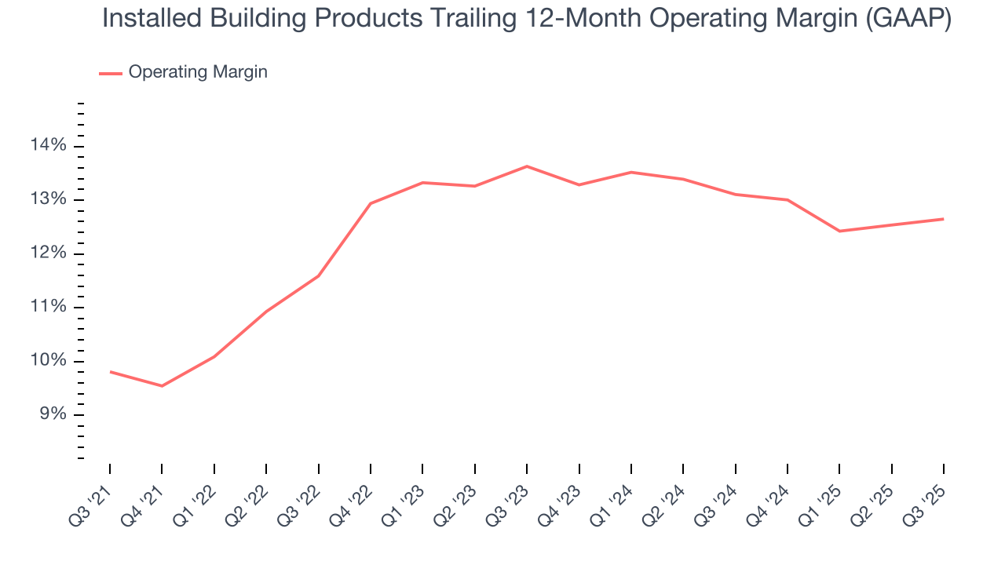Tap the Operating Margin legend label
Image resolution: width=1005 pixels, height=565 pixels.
pos(198,72)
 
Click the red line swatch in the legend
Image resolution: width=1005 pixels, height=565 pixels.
pos(111,73)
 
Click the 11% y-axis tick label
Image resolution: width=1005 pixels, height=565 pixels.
pos(49,307)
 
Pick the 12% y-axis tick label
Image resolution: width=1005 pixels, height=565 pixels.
pos(49,253)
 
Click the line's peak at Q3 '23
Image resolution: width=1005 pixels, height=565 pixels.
pos(527,166)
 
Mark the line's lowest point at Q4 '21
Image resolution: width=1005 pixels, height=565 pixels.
pos(162,386)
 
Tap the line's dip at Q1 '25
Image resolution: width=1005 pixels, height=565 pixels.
pos(839,231)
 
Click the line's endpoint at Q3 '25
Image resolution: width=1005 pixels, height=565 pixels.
pos(943,219)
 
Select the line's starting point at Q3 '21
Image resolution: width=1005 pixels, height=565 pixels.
pos(110,371)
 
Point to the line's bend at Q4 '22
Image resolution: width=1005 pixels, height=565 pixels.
pos(371,203)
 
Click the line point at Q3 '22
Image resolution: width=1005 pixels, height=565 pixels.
pos(318,275)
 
